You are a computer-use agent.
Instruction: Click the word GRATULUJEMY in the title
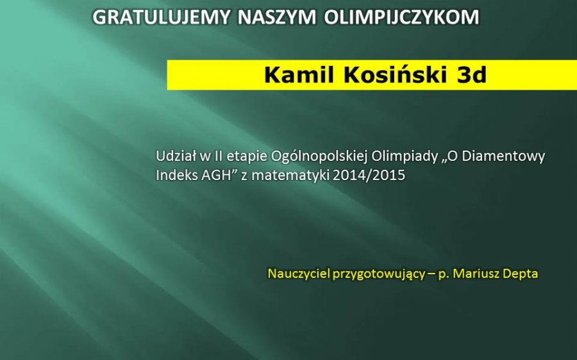161,17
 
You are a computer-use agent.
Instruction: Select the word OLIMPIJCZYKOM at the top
402,17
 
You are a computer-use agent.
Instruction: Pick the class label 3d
472,75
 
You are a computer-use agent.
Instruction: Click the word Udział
176,156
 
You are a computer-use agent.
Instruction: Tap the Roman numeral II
217,156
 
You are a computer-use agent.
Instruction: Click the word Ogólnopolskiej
319,157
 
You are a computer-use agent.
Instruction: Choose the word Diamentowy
503,157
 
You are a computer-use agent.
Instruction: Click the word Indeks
177,175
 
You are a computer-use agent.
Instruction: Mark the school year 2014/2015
369,175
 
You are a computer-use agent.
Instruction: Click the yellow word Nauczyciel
298,274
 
